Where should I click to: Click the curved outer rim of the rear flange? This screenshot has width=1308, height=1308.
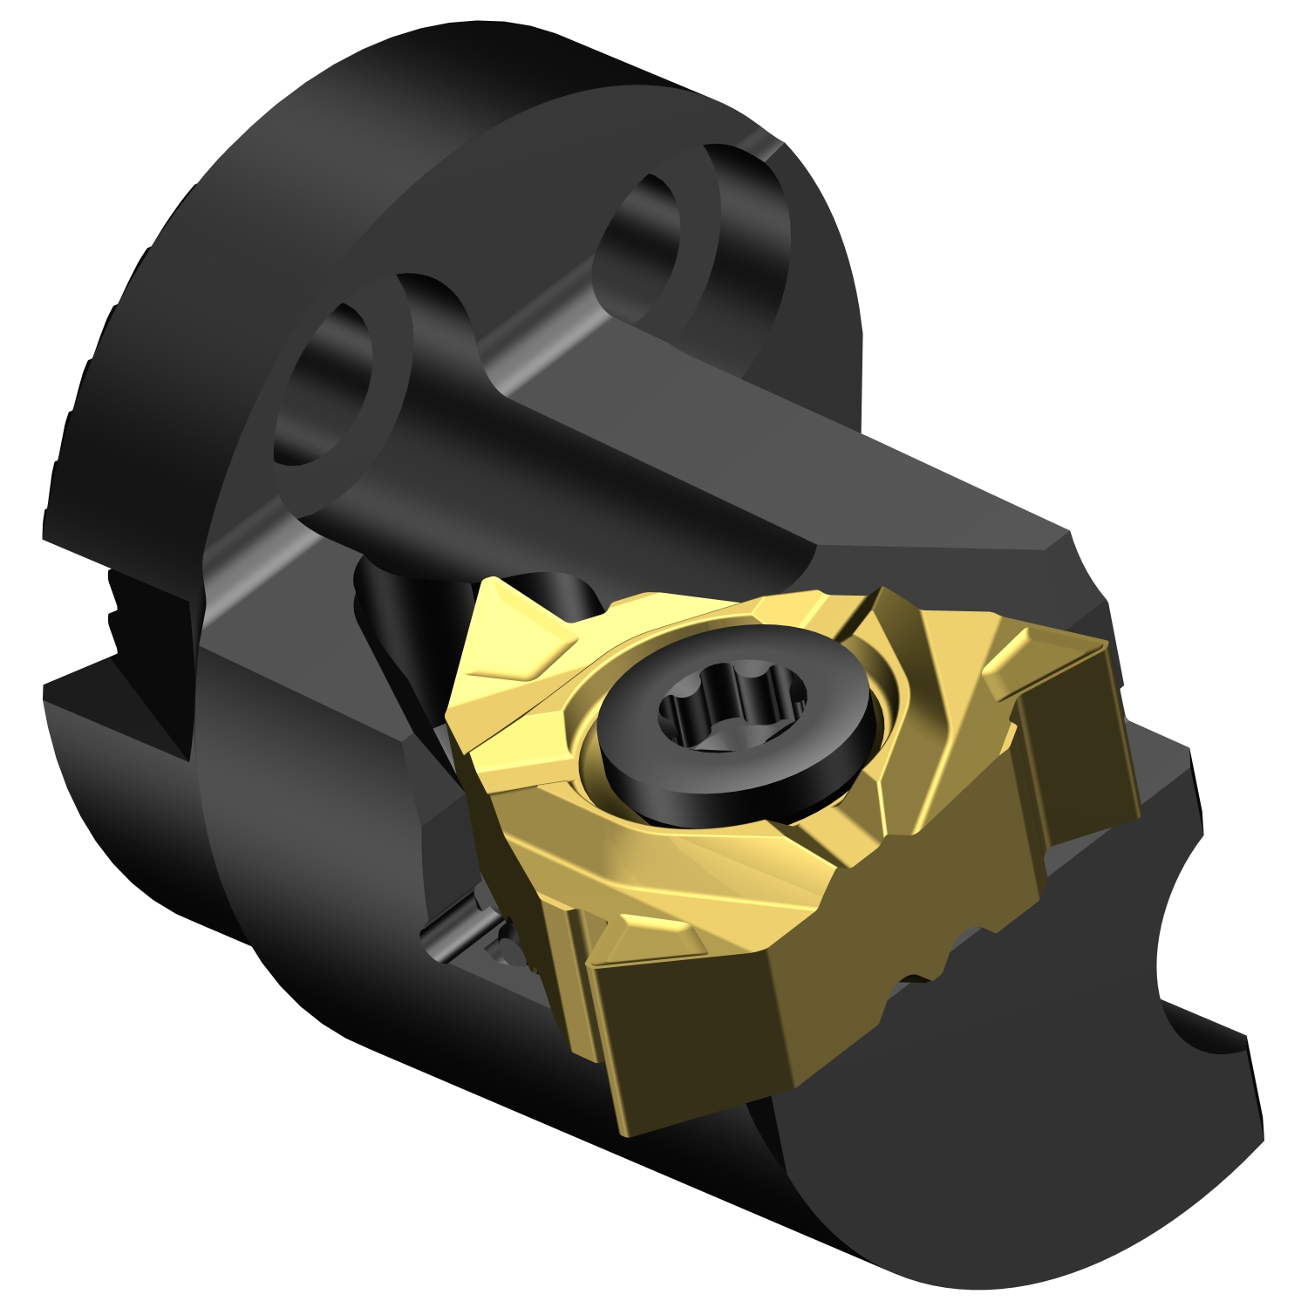coord(174,262)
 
